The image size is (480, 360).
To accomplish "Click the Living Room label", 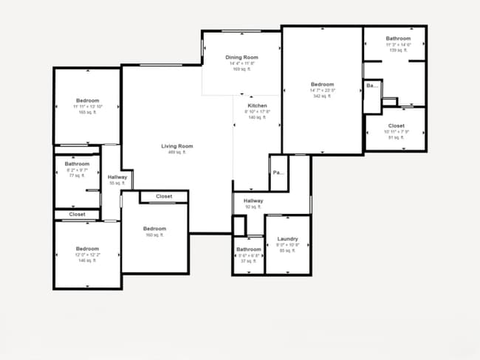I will coord(177,146).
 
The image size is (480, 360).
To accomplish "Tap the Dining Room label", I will coord(241,58).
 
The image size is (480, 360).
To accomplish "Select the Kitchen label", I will coord(257,105).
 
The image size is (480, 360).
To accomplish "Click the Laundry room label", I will coord(287,239).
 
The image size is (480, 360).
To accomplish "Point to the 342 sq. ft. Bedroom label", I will coord(322,84).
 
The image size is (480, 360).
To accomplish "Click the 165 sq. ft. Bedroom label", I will coord(87,100).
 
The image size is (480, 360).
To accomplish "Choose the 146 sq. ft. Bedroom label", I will coord(87,249).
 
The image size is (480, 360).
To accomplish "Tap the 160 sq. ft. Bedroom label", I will coord(154,229).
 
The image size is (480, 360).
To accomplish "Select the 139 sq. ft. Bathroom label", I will coord(398,38).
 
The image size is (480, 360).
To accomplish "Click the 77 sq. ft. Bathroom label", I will coord(77,164).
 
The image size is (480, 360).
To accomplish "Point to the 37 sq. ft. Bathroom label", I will coord(249,249).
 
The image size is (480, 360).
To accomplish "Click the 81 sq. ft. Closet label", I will coord(396,126).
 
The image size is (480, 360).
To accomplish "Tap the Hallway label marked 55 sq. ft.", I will coord(117,177).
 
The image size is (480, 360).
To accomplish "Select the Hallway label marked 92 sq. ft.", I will coord(253,201).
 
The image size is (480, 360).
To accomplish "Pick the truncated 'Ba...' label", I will coord(371,86).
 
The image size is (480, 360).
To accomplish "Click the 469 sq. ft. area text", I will coord(177,152).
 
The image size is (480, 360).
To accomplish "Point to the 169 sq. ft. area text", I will coord(241,69).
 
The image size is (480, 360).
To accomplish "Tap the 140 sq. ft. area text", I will coord(257,117).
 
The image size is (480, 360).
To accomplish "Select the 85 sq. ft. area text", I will coord(287,251).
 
